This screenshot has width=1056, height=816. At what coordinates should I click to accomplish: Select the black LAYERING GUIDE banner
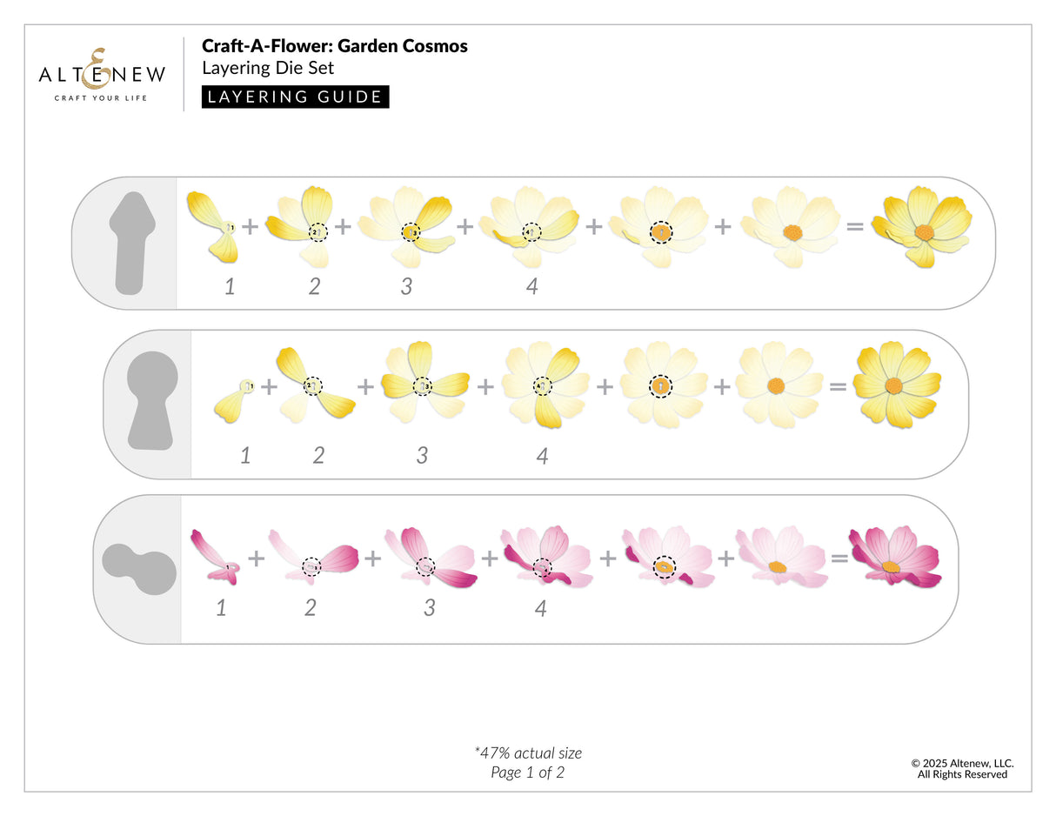pos(295,97)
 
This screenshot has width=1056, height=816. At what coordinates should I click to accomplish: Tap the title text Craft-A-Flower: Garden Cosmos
pos(334,46)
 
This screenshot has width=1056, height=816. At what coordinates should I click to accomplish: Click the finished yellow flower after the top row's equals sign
pos(922,228)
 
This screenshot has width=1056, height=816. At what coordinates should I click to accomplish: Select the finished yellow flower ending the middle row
pos(896,385)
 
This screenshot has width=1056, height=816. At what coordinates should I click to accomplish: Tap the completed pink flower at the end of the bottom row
pos(894,557)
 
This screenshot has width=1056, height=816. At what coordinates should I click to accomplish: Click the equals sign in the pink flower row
pos(839,558)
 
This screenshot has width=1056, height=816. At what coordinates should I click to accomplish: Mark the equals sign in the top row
pos(855,226)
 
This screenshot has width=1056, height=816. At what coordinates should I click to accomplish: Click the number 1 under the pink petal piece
pos(221,608)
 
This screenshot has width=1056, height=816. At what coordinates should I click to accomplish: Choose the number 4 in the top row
pos(531,286)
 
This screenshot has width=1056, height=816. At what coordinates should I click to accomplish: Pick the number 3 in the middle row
pos(422,455)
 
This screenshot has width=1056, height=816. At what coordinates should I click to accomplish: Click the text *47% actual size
pos(528,752)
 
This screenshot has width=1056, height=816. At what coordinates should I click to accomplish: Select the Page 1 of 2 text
pos(527,772)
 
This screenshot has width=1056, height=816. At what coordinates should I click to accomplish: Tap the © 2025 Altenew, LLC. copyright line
pos(962,763)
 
